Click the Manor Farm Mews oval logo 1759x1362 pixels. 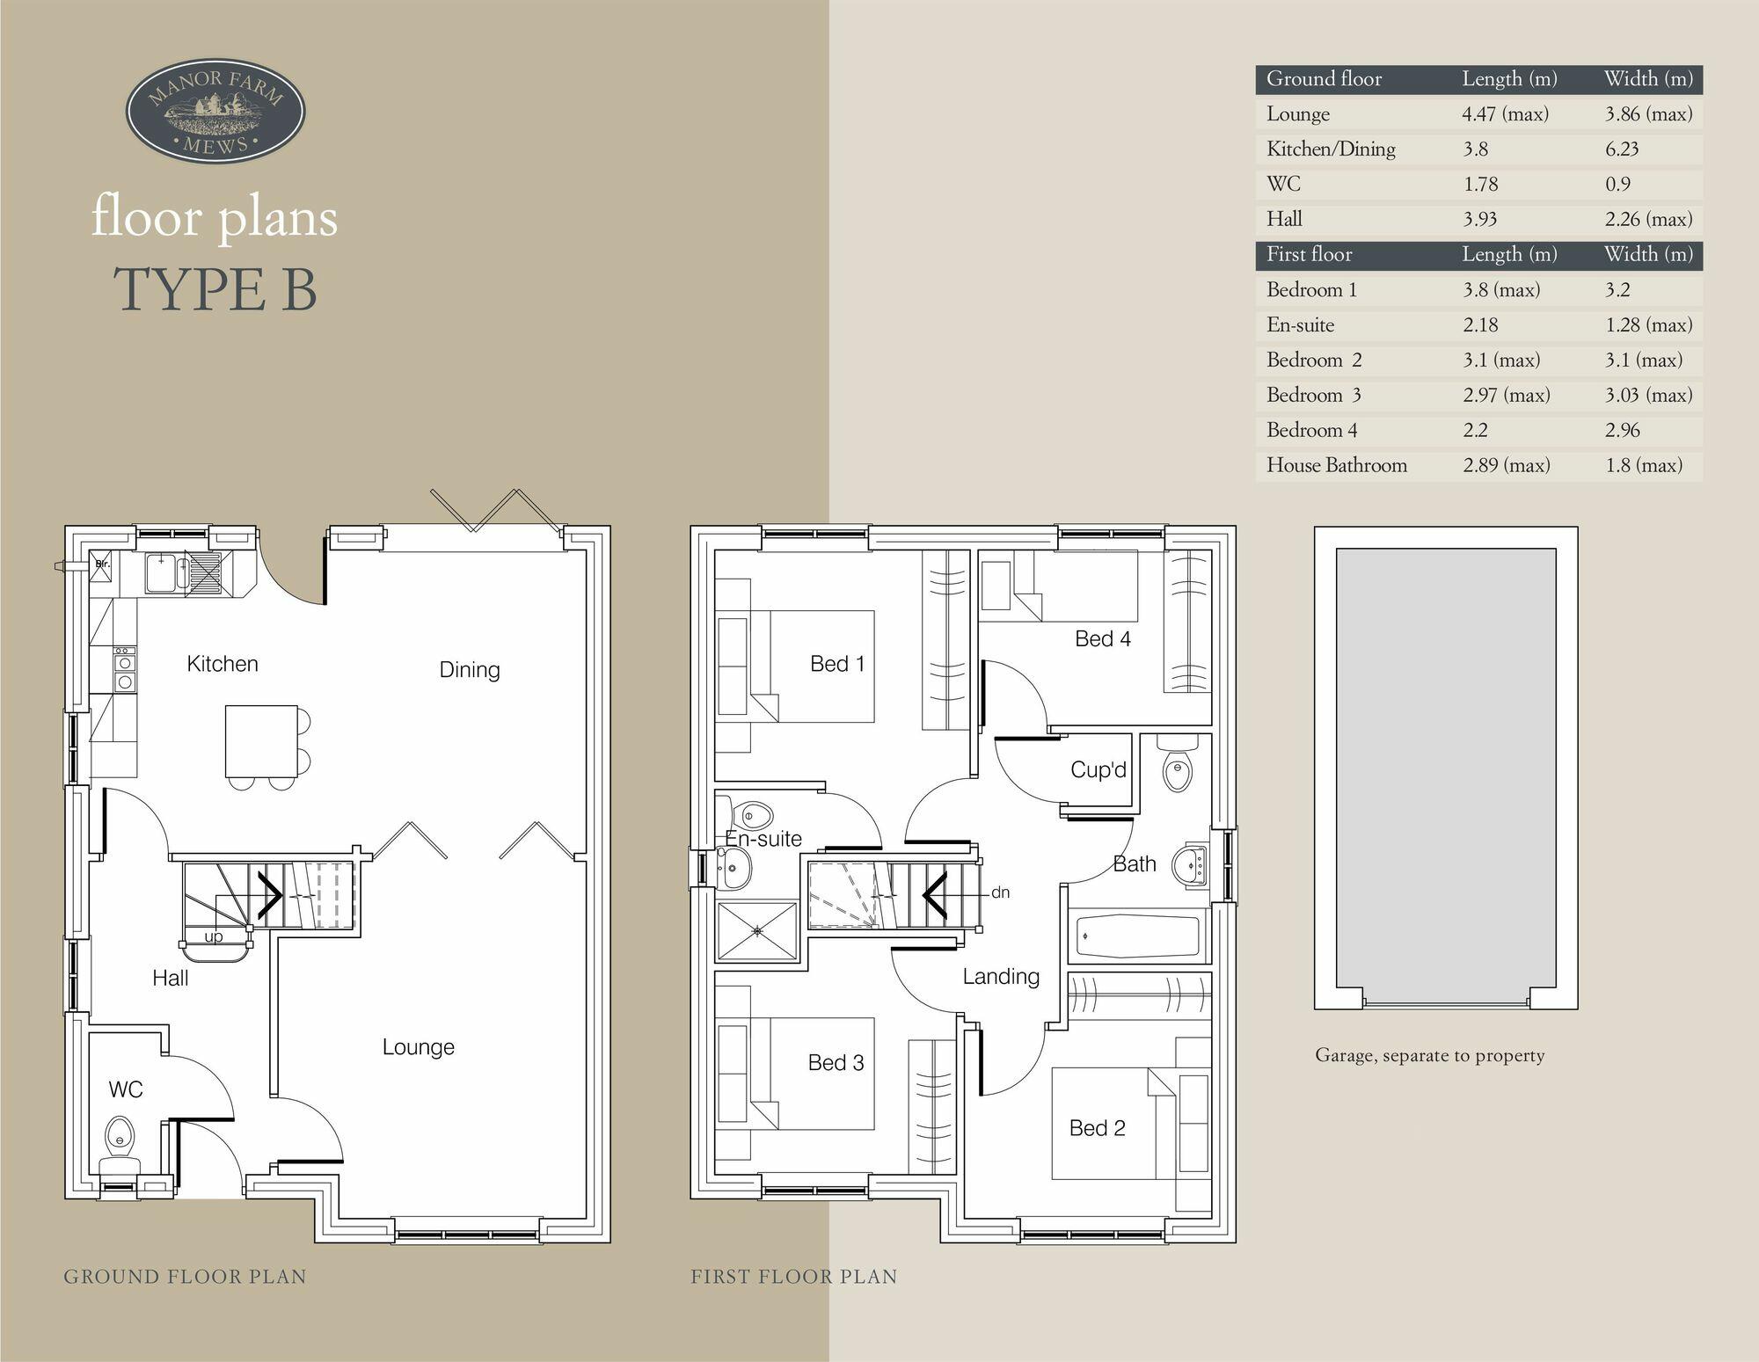point(215,112)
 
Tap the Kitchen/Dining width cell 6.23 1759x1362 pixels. point(1622,149)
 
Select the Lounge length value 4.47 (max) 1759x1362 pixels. point(1505,114)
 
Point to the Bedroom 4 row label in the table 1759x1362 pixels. point(1311,430)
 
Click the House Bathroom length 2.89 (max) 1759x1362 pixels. point(1506,465)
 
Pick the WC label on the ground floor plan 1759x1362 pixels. point(126,1089)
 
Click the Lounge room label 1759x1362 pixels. point(418,1046)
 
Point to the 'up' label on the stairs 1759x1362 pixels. point(214,936)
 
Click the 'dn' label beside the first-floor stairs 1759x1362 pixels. point(1000,892)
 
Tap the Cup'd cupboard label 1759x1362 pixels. point(1098,769)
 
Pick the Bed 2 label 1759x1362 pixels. point(1097,1128)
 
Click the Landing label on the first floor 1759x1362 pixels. point(1001,976)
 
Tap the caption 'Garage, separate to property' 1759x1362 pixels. point(1429,1055)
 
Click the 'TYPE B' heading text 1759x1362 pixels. point(215,289)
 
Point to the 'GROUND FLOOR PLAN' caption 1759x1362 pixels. point(185,1277)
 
